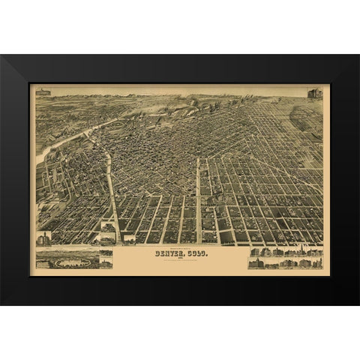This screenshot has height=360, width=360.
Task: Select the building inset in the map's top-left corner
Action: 42,92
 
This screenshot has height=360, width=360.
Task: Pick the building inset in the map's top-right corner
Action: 314,94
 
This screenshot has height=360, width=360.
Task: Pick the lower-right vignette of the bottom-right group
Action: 315,263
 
